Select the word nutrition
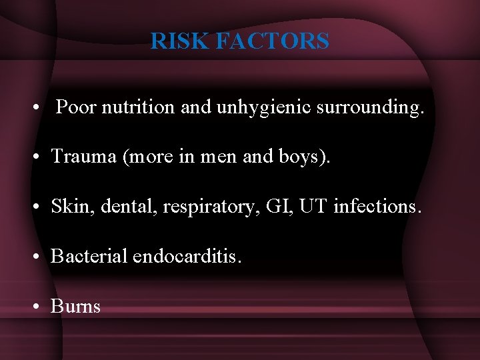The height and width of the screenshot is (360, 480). [138, 107]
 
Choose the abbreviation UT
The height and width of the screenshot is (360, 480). [313, 206]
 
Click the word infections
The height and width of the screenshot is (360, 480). [377, 206]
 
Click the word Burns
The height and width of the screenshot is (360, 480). [75, 307]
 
